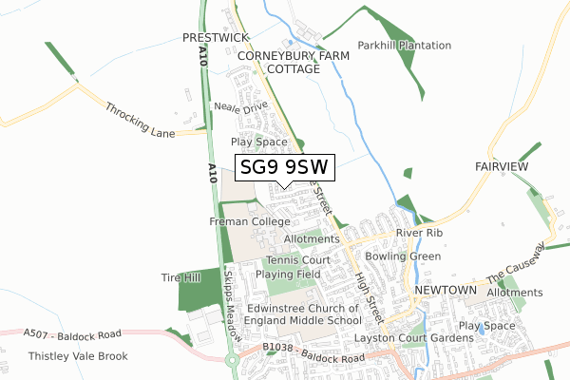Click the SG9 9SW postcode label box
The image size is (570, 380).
(283, 168)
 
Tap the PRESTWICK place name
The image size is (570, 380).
(215, 37)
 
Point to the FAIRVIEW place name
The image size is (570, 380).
(502, 165)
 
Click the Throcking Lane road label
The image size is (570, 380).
(140, 121)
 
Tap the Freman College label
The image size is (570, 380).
(249, 221)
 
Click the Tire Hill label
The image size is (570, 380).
(180, 277)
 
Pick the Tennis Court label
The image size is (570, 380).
(297, 259)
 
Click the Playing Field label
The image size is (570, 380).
(294, 274)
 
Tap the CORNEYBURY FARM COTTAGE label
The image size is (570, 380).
(294, 63)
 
